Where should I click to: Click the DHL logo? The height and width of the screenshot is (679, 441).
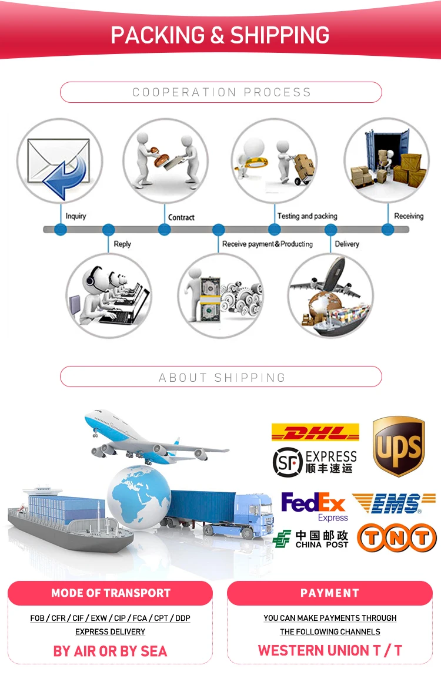point(315,432)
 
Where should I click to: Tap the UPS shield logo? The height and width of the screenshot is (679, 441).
point(399,446)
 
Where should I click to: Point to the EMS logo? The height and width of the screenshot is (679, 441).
point(394,503)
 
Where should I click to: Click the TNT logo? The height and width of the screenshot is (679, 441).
point(397,537)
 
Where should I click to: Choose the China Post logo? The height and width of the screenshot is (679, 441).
point(310,539)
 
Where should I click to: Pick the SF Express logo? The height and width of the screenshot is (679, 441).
point(315,462)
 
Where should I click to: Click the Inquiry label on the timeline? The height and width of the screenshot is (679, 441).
point(76,216)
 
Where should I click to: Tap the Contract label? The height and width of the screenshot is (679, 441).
point(181,217)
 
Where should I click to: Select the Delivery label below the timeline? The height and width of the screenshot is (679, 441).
point(347,244)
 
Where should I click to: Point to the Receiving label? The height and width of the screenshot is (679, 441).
point(409,216)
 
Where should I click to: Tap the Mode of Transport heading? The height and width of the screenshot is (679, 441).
point(111,593)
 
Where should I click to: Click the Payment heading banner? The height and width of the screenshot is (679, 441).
point(329,593)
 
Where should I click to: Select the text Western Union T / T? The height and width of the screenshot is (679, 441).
point(330,650)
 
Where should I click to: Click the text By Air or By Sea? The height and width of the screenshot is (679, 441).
point(110,651)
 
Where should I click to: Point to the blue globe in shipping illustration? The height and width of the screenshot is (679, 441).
point(139,496)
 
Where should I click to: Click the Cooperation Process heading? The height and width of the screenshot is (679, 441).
point(222,92)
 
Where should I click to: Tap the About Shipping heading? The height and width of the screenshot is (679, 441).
point(222,378)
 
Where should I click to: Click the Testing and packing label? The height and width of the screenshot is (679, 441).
point(307,216)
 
